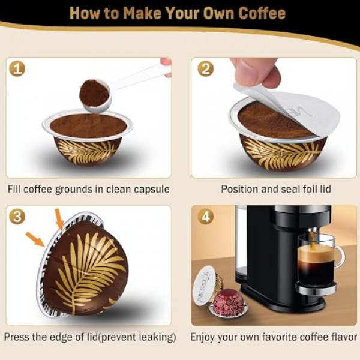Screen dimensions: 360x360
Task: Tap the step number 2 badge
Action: [205, 68]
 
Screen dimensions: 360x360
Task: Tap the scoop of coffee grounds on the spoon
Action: [94, 93]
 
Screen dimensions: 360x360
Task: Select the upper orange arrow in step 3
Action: [59, 218]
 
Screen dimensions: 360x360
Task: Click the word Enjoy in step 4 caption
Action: [205, 337]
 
